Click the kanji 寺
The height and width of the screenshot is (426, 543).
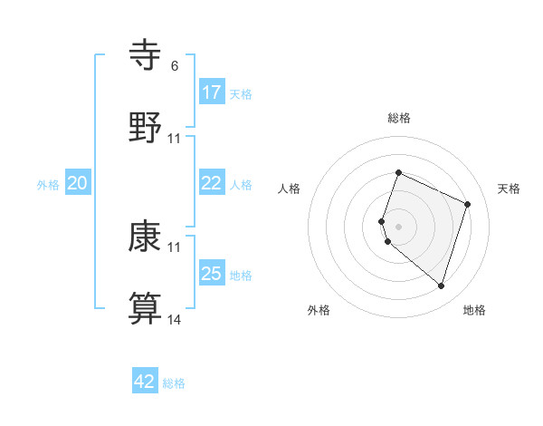(x=146, y=55)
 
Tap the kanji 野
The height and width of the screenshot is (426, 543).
(x=146, y=126)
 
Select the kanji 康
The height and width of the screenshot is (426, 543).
(x=146, y=237)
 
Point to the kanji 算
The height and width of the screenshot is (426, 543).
(x=146, y=307)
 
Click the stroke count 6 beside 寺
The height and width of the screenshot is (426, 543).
(x=174, y=66)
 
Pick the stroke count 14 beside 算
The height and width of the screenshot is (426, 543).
(x=175, y=319)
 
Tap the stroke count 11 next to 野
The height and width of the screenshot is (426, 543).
(x=175, y=138)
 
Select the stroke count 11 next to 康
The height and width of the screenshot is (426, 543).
(x=175, y=247)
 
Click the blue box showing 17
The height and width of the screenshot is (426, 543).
(x=212, y=92)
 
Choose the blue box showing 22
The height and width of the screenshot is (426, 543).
(x=212, y=183)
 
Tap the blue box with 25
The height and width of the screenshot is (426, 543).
(x=212, y=274)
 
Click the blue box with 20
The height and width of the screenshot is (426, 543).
(x=78, y=183)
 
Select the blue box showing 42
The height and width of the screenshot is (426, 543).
(x=145, y=382)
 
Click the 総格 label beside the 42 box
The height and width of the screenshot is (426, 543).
(x=174, y=383)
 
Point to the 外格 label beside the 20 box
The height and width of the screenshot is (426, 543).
(x=48, y=185)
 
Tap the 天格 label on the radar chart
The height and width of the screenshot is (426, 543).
(x=510, y=189)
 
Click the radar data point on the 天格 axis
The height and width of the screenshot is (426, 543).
(x=468, y=204)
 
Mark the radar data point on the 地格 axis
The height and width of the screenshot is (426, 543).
(x=441, y=286)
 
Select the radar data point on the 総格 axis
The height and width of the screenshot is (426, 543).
(x=398, y=173)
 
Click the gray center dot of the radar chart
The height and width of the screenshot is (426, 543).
(x=398, y=226)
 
